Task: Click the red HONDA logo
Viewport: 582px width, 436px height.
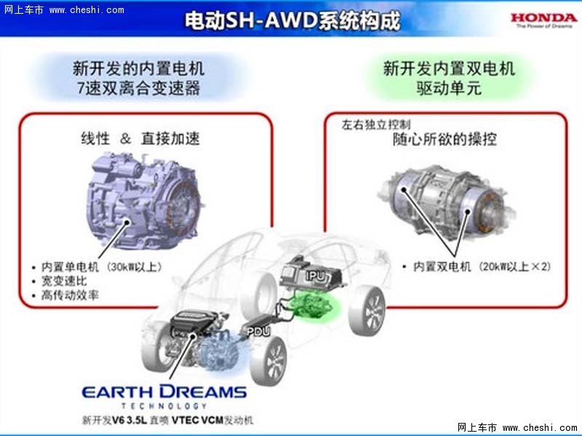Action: [x=543, y=17]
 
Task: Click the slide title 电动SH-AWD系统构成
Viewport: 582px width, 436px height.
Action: [x=292, y=20]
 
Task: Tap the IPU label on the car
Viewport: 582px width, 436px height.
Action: [x=316, y=275]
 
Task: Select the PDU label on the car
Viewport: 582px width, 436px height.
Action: [x=259, y=331]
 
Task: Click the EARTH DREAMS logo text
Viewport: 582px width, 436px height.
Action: [x=164, y=392]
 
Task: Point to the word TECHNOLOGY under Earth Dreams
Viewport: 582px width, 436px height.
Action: [x=164, y=406]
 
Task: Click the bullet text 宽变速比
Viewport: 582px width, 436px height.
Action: [x=64, y=281]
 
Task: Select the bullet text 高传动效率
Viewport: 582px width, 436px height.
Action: [x=70, y=295]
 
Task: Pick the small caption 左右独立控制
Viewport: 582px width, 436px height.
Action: [x=376, y=124]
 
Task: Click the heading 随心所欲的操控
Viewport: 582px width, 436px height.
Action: [x=445, y=140]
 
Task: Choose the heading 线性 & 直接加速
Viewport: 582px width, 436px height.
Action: [x=140, y=139]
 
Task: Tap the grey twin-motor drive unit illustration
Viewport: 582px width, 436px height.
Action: [x=447, y=202]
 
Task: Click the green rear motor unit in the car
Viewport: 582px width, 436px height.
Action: [x=313, y=304]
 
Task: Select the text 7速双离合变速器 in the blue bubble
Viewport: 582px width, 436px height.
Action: [x=139, y=89]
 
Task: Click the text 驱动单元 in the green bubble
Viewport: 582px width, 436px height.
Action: [x=448, y=88]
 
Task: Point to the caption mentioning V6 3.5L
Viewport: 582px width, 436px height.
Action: [x=167, y=420]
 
